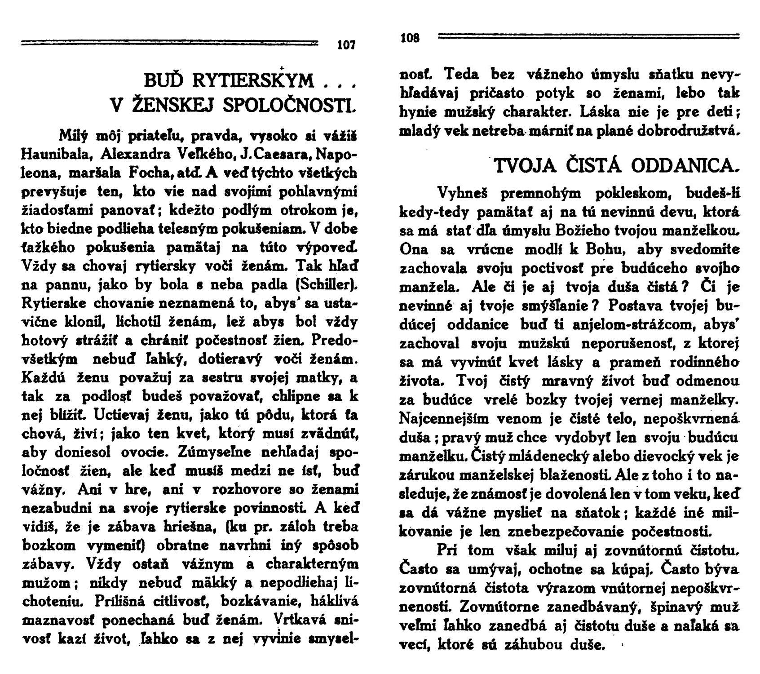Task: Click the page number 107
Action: coord(346,45)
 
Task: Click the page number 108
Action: coord(410,38)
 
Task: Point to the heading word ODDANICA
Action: coord(685,166)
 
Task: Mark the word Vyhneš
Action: coord(463,194)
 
